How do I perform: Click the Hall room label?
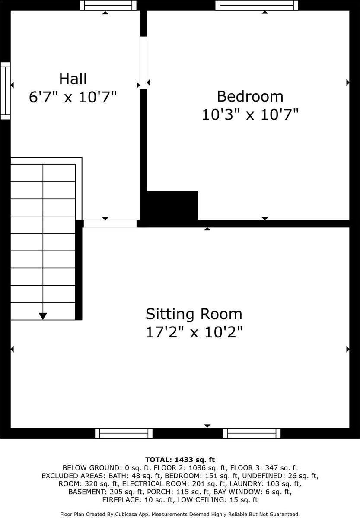click(x=73, y=79)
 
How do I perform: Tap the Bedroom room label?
click(x=250, y=95)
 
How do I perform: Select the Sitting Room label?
click(x=194, y=314)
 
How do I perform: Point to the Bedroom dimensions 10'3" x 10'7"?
click(x=250, y=114)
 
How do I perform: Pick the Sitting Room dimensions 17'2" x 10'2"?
click(x=194, y=332)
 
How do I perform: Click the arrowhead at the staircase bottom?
click(x=43, y=316)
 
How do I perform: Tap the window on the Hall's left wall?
click(x=5, y=90)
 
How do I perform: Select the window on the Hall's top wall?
click(x=108, y=5)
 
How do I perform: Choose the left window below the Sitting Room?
click(x=124, y=433)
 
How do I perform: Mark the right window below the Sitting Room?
click(x=252, y=433)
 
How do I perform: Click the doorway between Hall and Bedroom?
click(x=143, y=63)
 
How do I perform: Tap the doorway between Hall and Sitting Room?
click(x=110, y=223)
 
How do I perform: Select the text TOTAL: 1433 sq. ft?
click(x=180, y=460)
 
